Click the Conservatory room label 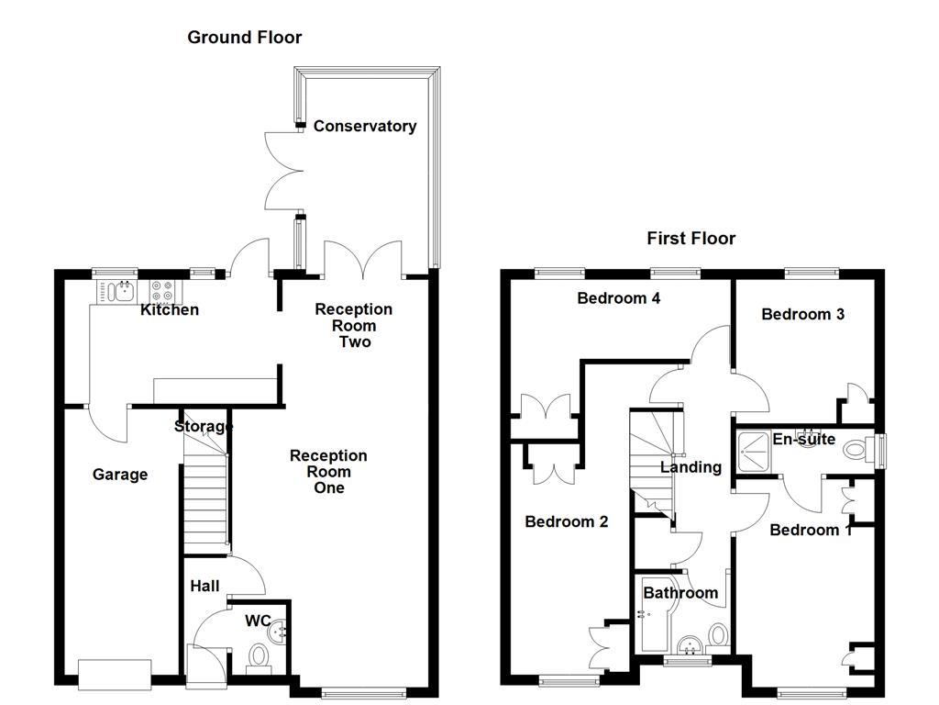364,126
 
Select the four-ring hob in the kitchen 163,291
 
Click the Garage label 120,475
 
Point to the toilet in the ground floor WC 260,655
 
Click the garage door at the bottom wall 115,674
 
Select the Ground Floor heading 244,37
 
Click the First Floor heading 690,239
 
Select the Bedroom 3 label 802,314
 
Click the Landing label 690,467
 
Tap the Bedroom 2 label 566,521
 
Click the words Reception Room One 328,471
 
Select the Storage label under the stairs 204,426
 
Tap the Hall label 204,586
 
